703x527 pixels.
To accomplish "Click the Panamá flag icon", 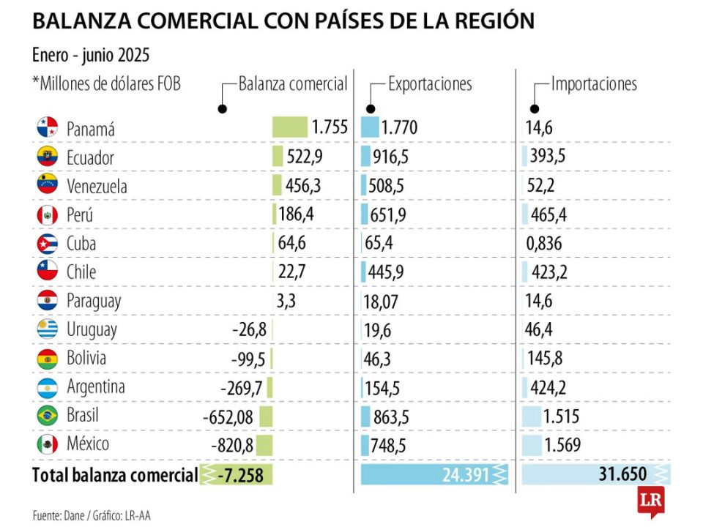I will tap(47, 128).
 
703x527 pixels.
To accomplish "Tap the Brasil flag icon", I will tap(47, 415).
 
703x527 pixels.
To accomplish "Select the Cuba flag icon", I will tap(47, 243).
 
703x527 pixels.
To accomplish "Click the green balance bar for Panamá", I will tap(290, 127).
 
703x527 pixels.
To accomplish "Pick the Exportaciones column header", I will tap(430, 83).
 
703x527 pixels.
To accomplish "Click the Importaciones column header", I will tap(594, 83).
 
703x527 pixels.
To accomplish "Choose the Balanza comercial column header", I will tap(293, 83).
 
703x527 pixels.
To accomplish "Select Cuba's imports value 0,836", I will tap(545, 244).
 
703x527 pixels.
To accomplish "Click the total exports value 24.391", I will tap(465, 475).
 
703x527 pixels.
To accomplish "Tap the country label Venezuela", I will tap(97, 186).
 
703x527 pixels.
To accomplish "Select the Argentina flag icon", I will tap(47, 386).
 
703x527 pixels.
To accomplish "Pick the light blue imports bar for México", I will tap(532, 444).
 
